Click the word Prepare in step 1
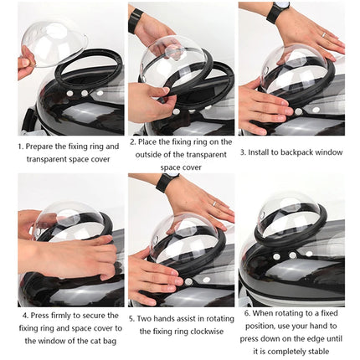coord(41,146)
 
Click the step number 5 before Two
coord(131,318)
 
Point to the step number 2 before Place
coord(132,143)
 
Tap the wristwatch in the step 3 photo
coord(278,11)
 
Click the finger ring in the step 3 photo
coord(323,34)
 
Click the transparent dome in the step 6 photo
coord(290,216)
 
